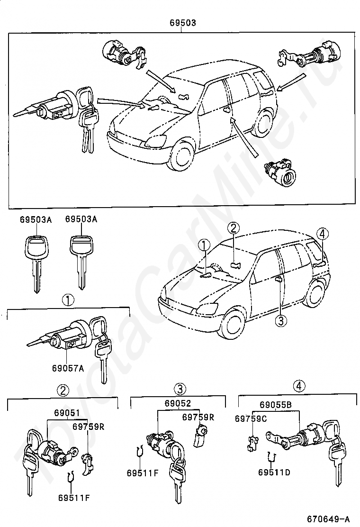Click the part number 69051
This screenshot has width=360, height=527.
(67, 413)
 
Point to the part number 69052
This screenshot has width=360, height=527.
(178, 404)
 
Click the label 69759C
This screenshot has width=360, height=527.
(251, 418)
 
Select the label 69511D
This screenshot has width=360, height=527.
(274, 472)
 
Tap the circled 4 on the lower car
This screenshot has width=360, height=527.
(323, 233)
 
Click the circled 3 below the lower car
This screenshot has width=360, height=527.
(280, 321)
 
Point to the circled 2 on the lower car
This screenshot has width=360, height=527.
(233, 228)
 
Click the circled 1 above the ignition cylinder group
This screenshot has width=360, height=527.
(68, 300)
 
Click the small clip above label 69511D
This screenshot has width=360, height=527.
(271, 457)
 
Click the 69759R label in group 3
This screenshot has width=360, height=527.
(198, 417)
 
